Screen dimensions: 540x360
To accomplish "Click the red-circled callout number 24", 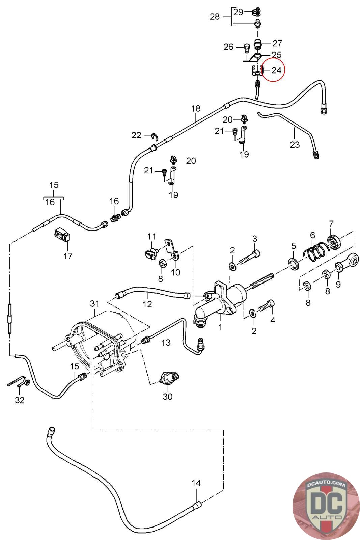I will (276, 70).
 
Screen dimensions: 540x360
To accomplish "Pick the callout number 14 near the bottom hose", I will (196, 483).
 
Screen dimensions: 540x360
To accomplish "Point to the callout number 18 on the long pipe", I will (196, 109).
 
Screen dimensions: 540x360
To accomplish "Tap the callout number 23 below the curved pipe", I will (295, 145).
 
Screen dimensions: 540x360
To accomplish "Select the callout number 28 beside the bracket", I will (215, 16).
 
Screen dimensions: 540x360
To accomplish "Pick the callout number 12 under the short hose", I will (147, 304).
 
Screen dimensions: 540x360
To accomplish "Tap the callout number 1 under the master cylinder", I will (220, 327).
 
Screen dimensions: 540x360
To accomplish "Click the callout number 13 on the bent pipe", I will (166, 342).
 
